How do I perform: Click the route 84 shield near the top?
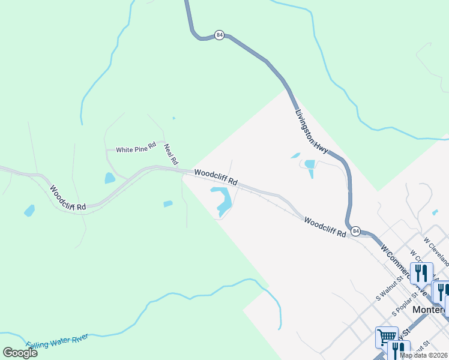pyautogui.click(x=220, y=35)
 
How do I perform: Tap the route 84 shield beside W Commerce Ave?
pyautogui.click(x=357, y=231)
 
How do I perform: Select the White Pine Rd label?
pyautogui.click(x=136, y=149)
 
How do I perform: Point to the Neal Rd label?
pyautogui.click(x=171, y=154)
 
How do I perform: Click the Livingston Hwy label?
pyautogui.click(x=311, y=131)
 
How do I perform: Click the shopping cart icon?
pyautogui.click(x=387, y=337)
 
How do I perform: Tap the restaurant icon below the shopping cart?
pyautogui.click(x=398, y=350)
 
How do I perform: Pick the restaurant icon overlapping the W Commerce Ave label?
pyautogui.click(x=421, y=273)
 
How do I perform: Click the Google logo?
pyautogui.click(x=20, y=352)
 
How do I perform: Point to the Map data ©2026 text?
pyautogui.click(x=423, y=355)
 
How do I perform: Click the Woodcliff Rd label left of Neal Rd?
pyautogui.click(x=68, y=198)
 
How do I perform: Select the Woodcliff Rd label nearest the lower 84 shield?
pyautogui.click(x=325, y=227)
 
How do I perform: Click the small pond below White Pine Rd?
pyautogui.click(x=110, y=178)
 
